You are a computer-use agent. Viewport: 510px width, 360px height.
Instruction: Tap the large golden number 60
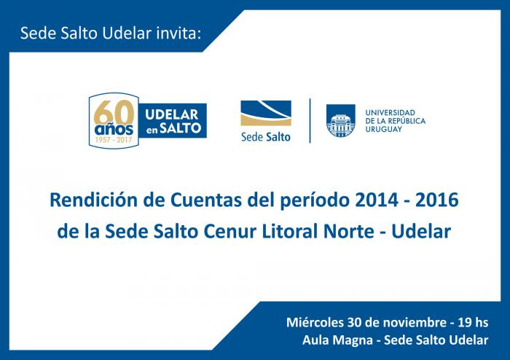point(114,112)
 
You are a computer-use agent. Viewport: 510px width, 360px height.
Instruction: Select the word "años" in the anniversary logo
point(114,130)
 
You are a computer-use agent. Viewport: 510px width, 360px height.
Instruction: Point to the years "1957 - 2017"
point(114,140)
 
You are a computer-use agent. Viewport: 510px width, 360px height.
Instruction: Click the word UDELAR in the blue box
point(171,114)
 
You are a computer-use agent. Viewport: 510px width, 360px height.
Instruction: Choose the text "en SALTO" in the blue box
point(173,128)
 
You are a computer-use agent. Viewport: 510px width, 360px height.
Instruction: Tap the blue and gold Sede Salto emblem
point(266,113)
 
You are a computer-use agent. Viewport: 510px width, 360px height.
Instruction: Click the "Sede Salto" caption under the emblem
point(266,137)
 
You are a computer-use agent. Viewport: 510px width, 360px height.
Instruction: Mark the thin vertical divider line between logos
point(310,121)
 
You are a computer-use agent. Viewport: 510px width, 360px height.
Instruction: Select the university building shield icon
point(340,120)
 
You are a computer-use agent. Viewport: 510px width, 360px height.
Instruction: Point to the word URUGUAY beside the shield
point(383,129)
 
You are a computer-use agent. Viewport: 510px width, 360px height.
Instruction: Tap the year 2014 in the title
point(377,200)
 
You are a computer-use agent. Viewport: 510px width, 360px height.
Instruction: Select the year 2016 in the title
point(437,200)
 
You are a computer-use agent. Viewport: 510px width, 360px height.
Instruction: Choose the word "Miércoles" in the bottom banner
point(315,322)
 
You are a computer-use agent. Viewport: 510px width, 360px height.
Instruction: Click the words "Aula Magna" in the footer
point(337,340)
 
